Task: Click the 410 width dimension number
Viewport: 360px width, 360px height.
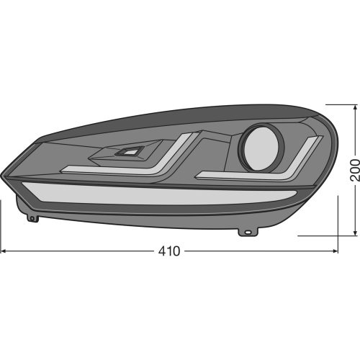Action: (x=169, y=251)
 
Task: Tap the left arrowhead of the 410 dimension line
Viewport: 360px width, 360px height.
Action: (x=4, y=251)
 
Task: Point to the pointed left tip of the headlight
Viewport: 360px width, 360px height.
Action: (x=3, y=174)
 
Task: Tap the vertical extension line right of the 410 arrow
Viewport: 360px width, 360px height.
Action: (x=338, y=245)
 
